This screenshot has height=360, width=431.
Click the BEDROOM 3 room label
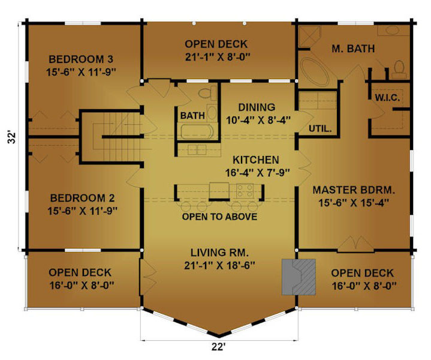(x=81, y=59)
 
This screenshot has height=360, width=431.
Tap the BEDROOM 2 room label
(x=82, y=198)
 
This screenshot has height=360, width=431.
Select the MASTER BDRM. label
(x=354, y=190)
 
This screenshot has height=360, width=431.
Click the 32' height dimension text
(x=11, y=137)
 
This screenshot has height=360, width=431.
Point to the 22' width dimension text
(x=219, y=347)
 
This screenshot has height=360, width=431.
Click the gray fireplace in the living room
(x=299, y=277)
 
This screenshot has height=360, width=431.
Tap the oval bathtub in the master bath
(x=314, y=71)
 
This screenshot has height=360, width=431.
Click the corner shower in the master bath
(x=309, y=36)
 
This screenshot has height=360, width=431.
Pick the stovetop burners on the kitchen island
(x=245, y=190)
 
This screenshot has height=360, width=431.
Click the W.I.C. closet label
(x=387, y=97)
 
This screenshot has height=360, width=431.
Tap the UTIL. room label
(x=320, y=128)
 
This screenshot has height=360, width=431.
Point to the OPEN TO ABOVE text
(x=219, y=217)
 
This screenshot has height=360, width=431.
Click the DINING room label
(x=257, y=107)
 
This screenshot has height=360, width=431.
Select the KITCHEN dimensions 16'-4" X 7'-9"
(x=258, y=173)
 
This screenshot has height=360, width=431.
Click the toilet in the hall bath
(x=207, y=93)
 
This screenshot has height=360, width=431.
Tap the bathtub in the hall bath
(x=197, y=132)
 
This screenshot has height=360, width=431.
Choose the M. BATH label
(x=353, y=49)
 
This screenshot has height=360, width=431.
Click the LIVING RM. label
(x=219, y=253)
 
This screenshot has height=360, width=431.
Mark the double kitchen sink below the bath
(x=197, y=150)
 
